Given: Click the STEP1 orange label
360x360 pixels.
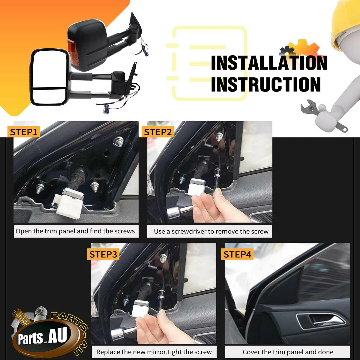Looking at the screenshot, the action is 24,132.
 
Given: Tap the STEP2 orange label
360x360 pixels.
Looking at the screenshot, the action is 158,132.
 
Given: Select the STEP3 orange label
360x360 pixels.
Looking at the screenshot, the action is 103,254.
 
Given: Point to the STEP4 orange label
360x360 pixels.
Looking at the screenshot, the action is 237,254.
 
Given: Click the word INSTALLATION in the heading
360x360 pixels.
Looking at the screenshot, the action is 269,63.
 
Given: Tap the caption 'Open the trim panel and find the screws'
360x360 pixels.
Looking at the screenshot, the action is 75,231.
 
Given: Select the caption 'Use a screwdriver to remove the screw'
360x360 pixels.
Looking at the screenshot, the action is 211,232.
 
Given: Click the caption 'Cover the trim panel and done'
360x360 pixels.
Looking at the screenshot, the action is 288,352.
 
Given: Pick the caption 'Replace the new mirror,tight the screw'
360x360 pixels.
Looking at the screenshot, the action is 154,352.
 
